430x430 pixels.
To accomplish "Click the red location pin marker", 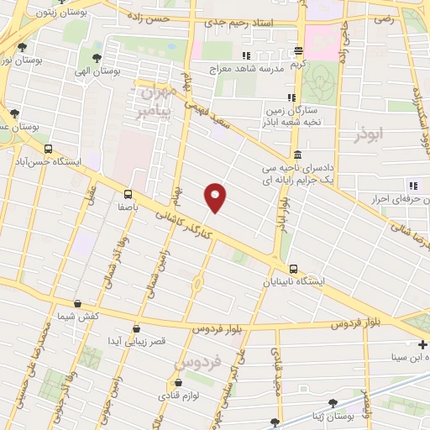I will tap(216, 196).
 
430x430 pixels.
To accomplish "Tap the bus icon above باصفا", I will tap(128, 191).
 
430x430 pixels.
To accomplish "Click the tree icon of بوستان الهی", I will tap(97, 59).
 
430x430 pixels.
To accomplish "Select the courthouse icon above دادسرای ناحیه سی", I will tap(298, 155).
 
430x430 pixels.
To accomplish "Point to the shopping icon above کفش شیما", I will tap(78, 304).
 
